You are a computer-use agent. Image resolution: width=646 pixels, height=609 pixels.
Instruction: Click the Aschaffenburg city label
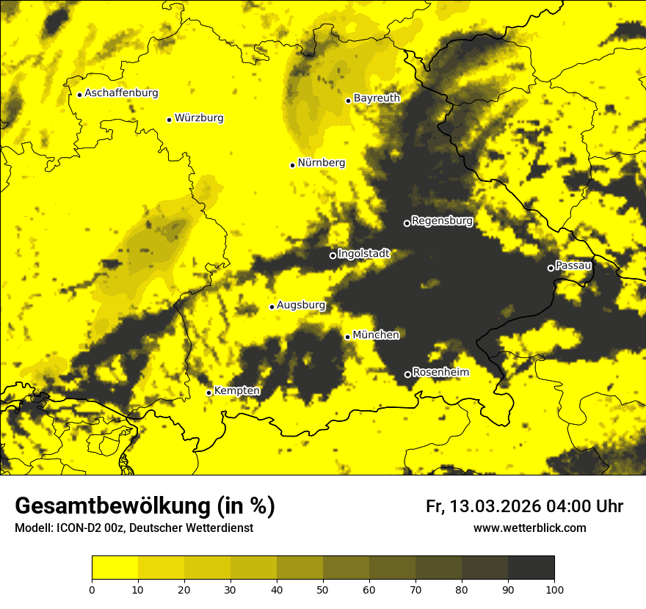pos(121,93)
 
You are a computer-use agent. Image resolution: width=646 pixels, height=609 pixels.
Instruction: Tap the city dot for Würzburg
pos(169,120)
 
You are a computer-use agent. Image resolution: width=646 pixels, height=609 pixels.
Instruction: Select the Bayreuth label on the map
pos(377,98)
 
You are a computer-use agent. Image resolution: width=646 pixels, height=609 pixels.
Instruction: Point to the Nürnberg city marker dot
pos(292,165)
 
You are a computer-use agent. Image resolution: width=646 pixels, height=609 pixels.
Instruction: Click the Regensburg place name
pos(442,220)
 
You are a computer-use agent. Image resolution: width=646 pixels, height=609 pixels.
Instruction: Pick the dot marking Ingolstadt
pos(333,255)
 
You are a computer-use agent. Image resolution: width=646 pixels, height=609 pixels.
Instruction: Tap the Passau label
pos(573,265)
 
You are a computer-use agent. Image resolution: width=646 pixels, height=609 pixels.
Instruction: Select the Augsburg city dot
pos(272,307)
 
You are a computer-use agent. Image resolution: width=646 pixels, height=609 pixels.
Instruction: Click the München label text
pos(376,335)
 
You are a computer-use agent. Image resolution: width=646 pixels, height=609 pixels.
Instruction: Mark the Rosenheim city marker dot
pos(407,374)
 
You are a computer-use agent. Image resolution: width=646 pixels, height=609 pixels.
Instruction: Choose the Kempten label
pos(236,390)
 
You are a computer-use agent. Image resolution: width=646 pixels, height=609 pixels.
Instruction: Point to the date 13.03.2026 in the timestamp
pos(496,506)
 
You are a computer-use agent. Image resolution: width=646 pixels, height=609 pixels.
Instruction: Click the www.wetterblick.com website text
pos(529,528)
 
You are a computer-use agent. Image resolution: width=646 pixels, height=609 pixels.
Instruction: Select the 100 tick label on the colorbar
pos(554,589)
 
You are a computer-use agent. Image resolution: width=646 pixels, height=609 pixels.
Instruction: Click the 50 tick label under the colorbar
pos(323,589)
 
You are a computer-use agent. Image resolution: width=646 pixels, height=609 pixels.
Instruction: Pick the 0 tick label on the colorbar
pos(92,589)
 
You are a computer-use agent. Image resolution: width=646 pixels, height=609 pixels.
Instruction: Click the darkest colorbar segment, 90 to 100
pos(531,568)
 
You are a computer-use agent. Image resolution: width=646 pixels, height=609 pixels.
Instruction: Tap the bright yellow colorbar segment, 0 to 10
pos(115,568)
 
